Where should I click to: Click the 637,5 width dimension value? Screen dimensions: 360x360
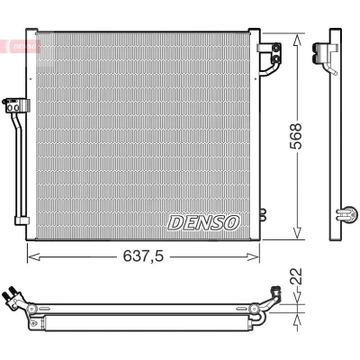click(x=143, y=256)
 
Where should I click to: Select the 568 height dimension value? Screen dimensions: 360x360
click(x=295, y=136)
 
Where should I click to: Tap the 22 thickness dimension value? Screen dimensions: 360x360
click(x=296, y=276)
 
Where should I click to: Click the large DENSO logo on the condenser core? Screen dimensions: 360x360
click(x=203, y=223)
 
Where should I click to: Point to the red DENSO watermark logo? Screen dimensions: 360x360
click(x=20, y=46)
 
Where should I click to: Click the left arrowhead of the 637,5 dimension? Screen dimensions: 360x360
click(x=33, y=256)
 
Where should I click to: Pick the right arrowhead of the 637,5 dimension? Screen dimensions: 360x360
click(x=253, y=256)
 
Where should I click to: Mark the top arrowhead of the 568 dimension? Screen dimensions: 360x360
click(x=297, y=40)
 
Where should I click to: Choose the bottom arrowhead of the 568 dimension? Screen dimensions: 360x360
click(x=297, y=233)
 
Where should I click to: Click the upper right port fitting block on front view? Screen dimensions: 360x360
click(x=269, y=53)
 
